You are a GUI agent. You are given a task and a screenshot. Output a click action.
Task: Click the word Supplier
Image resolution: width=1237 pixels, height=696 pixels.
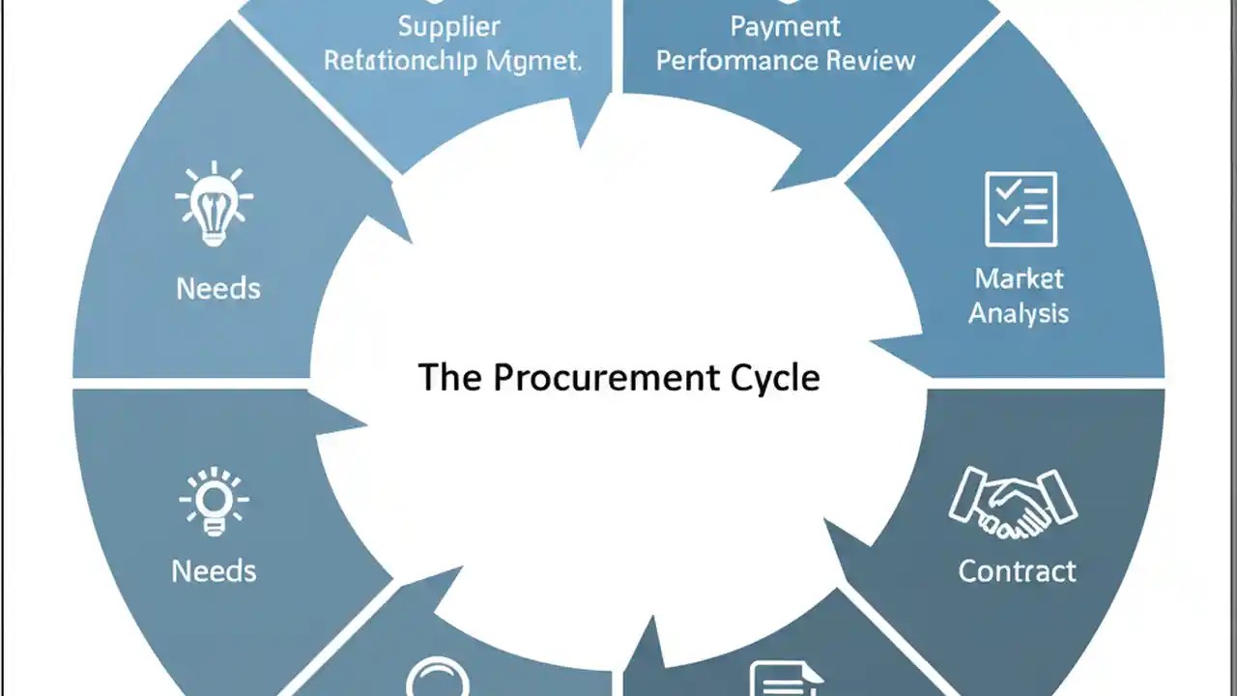(x=449, y=26)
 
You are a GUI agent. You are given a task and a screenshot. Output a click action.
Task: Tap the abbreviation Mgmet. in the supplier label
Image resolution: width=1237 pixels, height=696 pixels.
(x=534, y=61)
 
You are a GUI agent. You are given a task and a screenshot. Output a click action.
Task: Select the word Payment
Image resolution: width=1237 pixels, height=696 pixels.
(x=785, y=26)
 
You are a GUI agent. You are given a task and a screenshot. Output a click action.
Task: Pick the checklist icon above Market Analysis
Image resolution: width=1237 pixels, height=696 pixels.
(x=1021, y=208)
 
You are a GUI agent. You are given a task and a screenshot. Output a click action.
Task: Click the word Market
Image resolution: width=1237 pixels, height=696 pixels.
(x=1019, y=279)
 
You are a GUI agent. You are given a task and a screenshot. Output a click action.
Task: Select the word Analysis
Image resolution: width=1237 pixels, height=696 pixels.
(x=1019, y=313)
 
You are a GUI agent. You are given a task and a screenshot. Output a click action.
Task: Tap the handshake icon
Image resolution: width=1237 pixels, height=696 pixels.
(x=1013, y=503)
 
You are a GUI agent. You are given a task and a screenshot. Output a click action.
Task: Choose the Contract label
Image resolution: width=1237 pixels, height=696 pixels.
(x=1017, y=570)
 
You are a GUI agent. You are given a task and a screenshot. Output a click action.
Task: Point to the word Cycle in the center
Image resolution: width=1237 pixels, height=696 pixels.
(x=779, y=377)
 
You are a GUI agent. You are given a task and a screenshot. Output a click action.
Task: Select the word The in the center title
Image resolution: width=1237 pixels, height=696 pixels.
(x=449, y=377)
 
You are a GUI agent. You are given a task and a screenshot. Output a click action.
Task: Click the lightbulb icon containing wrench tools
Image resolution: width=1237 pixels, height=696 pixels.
(x=215, y=205)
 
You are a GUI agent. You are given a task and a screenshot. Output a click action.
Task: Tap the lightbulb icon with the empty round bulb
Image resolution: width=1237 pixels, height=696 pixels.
(x=215, y=501)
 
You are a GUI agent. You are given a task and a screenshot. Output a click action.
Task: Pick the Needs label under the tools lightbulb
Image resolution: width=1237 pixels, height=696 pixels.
(x=218, y=288)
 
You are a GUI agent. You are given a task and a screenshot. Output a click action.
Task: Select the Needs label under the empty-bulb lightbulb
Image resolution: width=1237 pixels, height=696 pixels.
(x=215, y=570)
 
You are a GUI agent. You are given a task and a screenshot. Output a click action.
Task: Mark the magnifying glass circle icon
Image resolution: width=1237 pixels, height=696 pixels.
(x=438, y=679)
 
